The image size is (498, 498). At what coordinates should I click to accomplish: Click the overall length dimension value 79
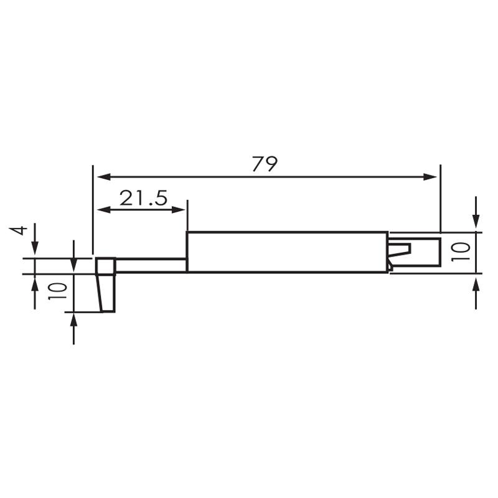[x=265, y=164]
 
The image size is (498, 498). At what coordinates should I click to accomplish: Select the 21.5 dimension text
[x=144, y=199]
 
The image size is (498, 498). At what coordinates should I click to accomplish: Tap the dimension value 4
[x=20, y=230]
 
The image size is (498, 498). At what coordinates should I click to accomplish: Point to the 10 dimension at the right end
[x=460, y=251]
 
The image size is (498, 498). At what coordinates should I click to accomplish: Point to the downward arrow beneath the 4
[x=34, y=249]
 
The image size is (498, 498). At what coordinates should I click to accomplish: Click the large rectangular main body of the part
[x=286, y=251]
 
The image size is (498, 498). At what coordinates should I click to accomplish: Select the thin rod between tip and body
[x=151, y=265]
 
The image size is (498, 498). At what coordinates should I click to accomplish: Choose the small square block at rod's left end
[x=105, y=266]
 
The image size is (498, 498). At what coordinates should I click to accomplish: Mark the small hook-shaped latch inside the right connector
[x=400, y=250]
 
